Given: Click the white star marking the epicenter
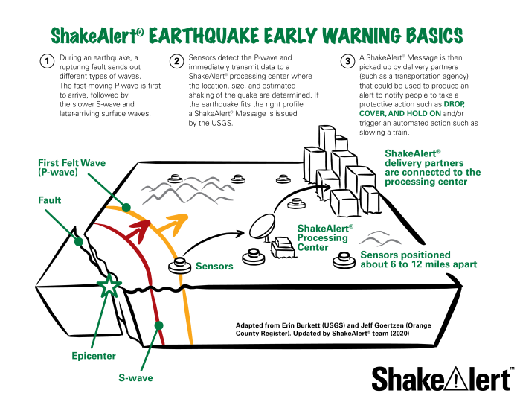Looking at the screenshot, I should (x=109, y=286).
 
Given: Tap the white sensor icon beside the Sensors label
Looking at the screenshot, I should (x=179, y=266).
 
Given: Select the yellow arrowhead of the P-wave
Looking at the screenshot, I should (x=179, y=220).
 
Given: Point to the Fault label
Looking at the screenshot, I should (x=50, y=200).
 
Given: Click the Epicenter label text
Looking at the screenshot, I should (x=94, y=356).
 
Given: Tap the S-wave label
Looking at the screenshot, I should (x=135, y=378).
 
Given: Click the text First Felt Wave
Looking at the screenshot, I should (x=65, y=162).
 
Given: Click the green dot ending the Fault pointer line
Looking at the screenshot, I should (x=78, y=241).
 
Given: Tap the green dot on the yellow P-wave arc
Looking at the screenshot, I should (x=126, y=207).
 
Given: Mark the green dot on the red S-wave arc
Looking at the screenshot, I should (x=158, y=325).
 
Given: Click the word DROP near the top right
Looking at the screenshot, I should (x=454, y=105).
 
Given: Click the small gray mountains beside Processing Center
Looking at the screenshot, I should (x=379, y=239).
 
